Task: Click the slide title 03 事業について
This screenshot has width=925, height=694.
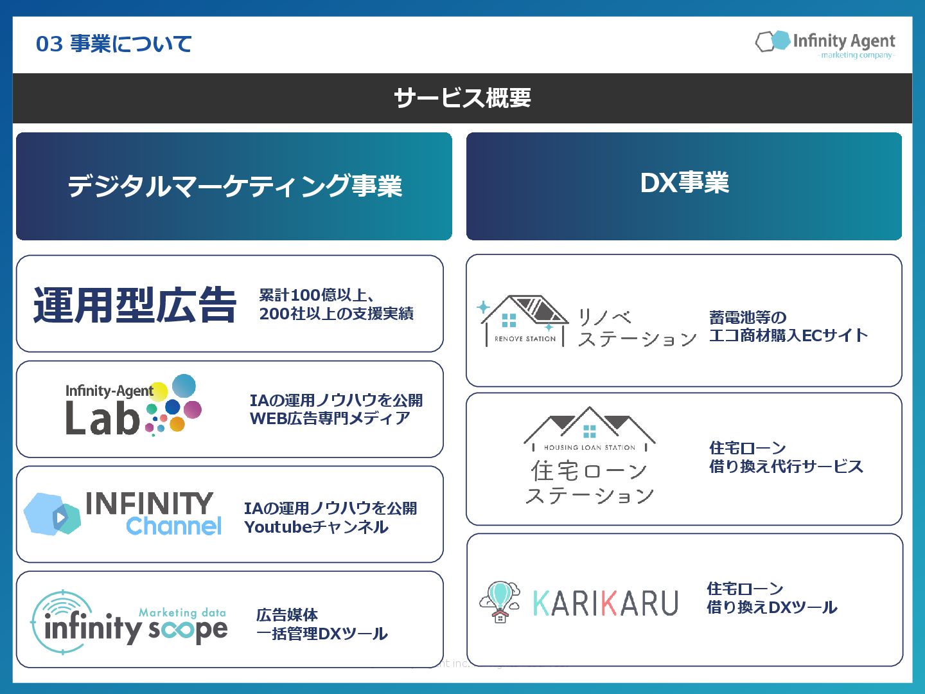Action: [x=114, y=44]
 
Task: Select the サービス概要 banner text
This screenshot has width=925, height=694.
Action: [x=463, y=98]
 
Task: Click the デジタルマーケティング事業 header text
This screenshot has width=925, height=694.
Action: [x=234, y=186]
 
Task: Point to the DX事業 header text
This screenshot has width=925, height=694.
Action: [x=684, y=183]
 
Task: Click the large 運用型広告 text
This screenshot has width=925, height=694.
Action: [x=135, y=305]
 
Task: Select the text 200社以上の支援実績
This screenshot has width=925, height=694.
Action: [x=336, y=314]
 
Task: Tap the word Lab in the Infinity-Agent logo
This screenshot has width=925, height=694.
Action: [x=103, y=418]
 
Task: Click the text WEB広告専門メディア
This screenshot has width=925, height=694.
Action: [x=330, y=418]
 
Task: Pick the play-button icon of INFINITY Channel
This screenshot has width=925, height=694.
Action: [x=60, y=517]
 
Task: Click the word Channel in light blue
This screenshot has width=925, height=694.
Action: [x=174, y=526]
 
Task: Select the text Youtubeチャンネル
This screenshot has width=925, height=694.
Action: [x=316, y=527]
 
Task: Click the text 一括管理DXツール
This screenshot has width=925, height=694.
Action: [x=322, y=634]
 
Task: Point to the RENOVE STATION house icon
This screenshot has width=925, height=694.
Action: [x=524, y=319]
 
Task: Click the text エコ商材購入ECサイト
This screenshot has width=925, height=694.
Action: [x=788, y=335]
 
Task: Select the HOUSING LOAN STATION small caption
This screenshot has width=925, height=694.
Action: [x=589, y=447]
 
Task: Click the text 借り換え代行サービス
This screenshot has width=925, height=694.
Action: [x=786, y=467]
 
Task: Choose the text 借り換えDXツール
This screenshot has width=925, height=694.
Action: [x=771, y=607]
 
